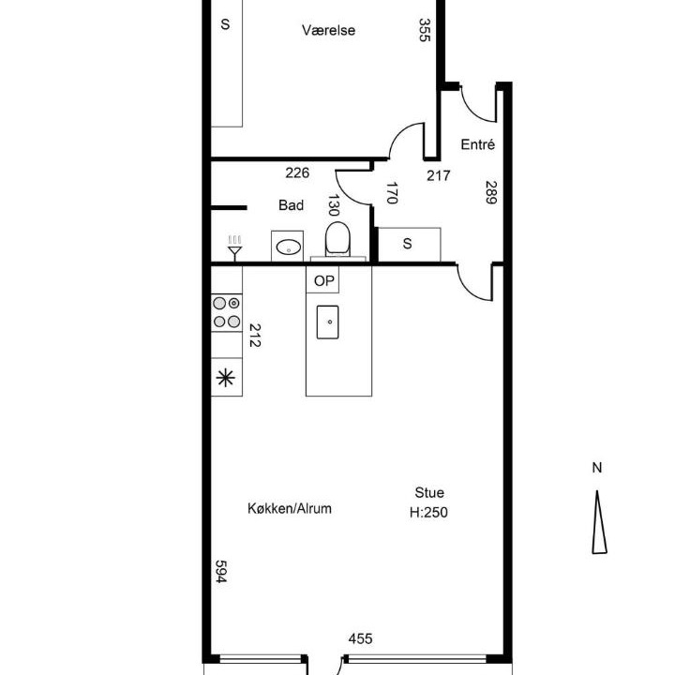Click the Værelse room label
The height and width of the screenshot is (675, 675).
(x=328, y=30)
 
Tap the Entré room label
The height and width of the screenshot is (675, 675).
(x=477, y=144)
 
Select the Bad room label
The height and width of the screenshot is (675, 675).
(x=291, y=205)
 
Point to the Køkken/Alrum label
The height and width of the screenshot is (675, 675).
(x=290, y=508)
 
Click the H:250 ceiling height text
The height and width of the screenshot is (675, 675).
(x=428, y=512)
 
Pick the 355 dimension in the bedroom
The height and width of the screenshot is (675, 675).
(x=424, y=30)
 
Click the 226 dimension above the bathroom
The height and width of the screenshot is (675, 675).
(x=297, y=172)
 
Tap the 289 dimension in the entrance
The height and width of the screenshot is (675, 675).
(x=490, y=192)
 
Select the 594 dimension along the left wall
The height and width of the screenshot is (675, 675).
(x=220, y=571)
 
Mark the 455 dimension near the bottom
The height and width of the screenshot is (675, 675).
(x=360, y=638)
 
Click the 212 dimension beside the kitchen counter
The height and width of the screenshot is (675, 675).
(x=255, y=336)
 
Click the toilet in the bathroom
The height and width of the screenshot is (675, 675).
(x=337, y=239)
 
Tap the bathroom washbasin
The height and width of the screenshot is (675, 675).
(x=288, y=247)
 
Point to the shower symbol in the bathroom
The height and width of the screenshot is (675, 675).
(x=234, y=247)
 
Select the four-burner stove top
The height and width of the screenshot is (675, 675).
(x=227, y=312)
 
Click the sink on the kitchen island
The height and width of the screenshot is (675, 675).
(x=327, y=322)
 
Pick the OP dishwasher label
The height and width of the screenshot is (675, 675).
(x=323, y=280)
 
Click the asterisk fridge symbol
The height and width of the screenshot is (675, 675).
(x=226, y=378)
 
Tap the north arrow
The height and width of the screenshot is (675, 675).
(x=599, y=522)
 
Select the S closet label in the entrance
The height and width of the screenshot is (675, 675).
(x=407, y=244)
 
